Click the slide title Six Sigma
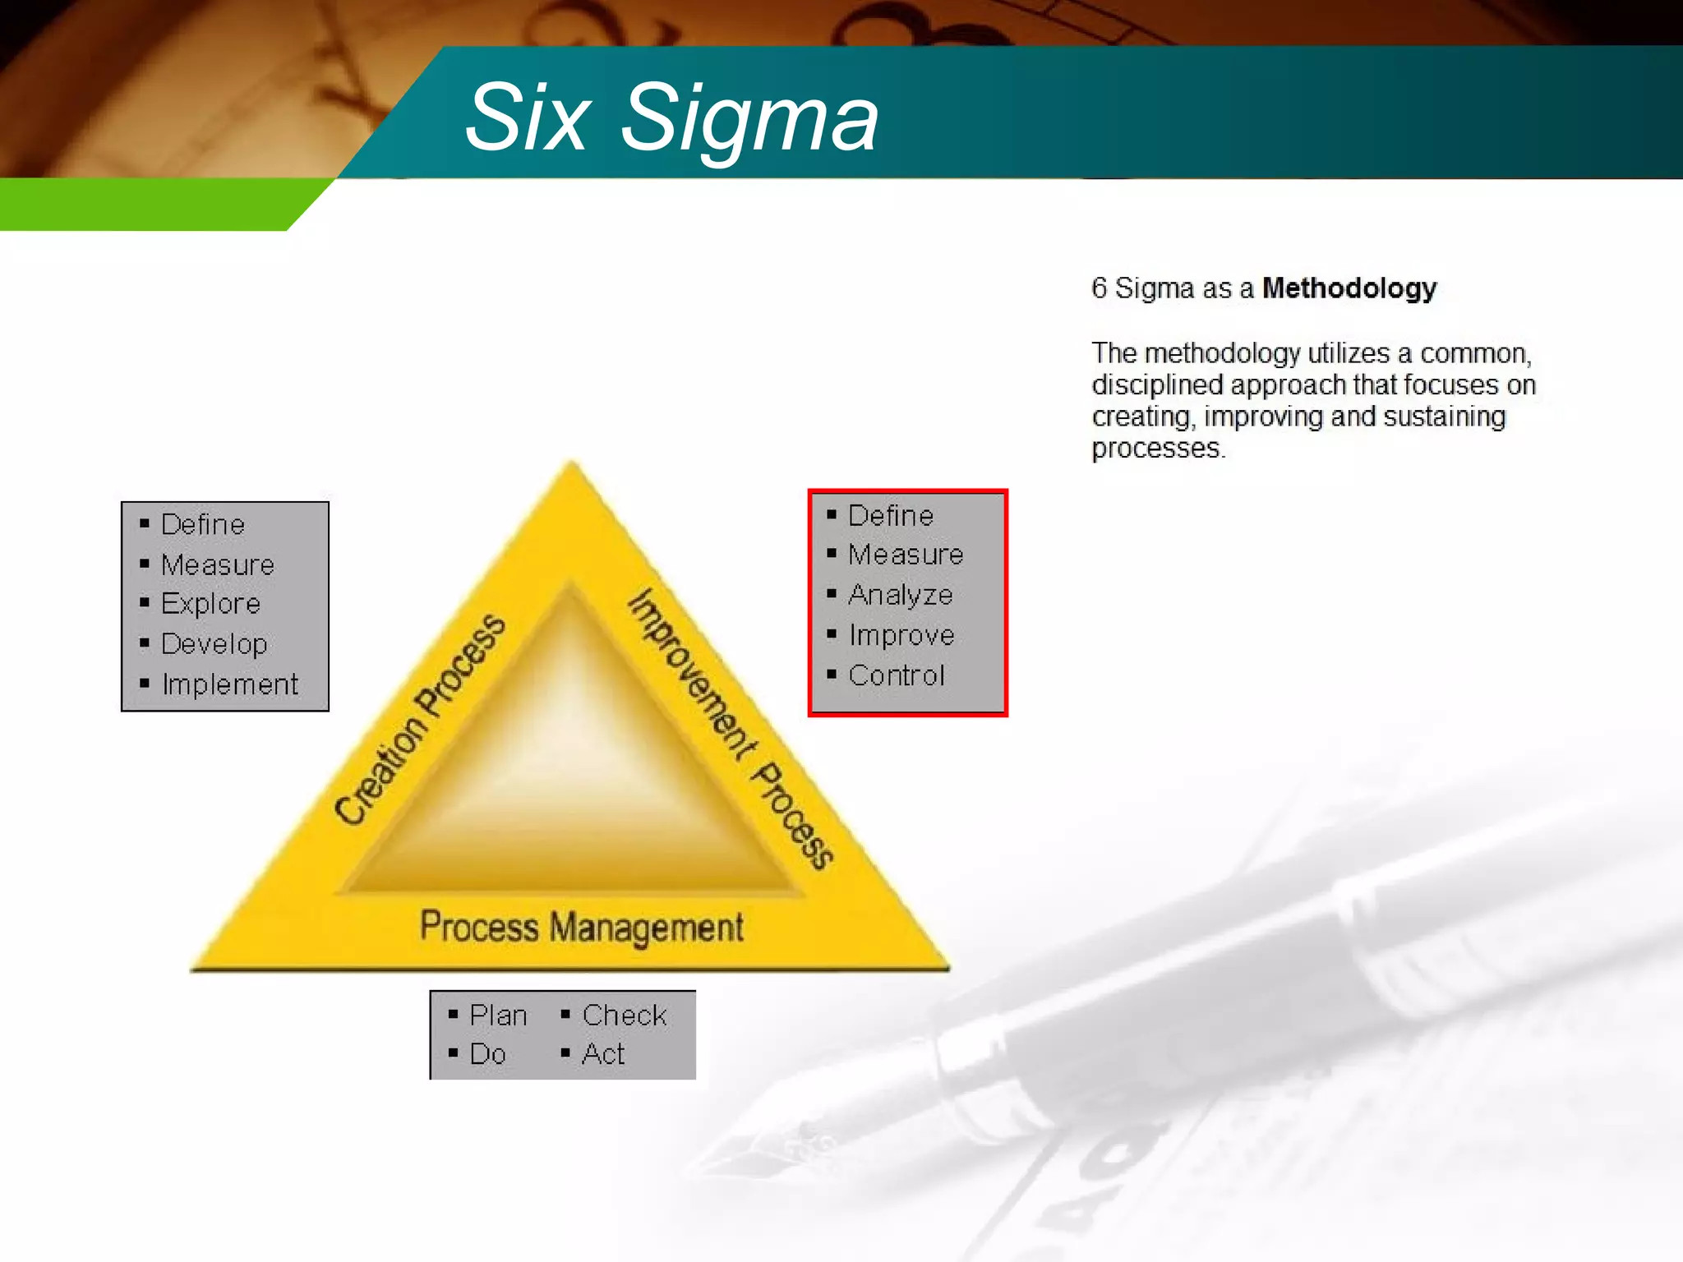click(671, 119)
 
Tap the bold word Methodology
click(1349, 288)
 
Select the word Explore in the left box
click(210, 604)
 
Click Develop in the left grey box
click(214, 644)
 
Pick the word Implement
click(230, 684)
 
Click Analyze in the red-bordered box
click(900, 595)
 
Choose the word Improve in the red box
click(901, 635)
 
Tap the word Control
click(896, 675)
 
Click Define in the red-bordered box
click(890, 516)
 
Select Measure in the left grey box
click(218, 565)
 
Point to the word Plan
click(498, 1016)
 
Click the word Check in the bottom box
click(625, 1016)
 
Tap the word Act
click(603, 1054)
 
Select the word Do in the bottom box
click(487, 1054)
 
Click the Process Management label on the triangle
click(581, 927)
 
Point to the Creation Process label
click(420, 719)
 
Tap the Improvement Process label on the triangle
click(730, 728)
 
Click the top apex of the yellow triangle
click(572, 467)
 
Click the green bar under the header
click(148, 205)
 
